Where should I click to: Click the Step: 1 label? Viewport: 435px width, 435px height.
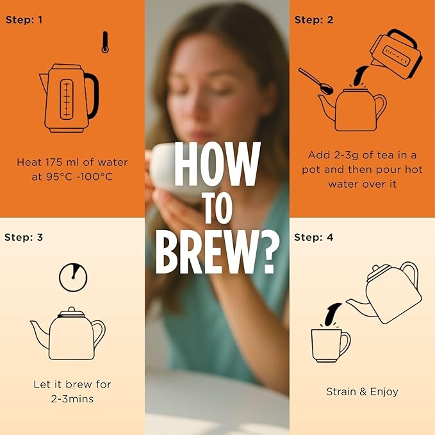(x=24, y=20)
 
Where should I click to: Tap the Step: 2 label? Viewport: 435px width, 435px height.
(x=314, y=20)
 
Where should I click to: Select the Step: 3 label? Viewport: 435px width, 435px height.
(x=24, y=237)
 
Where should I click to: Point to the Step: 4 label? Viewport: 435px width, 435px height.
(x=313, y=237)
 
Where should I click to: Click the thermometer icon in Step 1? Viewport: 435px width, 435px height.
(x=105, y=42)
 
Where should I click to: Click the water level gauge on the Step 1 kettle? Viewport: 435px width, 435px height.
(x=67, y=99)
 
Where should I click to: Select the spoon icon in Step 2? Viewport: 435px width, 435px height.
(x=316, y=81)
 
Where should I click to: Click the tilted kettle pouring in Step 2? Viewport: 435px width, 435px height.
(x=396, y=54)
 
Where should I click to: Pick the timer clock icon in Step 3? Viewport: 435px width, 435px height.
(x=73, y=277)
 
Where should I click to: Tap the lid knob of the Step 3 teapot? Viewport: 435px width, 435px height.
(x=72, y=309)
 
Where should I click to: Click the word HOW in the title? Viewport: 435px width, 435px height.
(x=217, y=164)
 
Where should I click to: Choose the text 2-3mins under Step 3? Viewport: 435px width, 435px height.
(x=72, y=399)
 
